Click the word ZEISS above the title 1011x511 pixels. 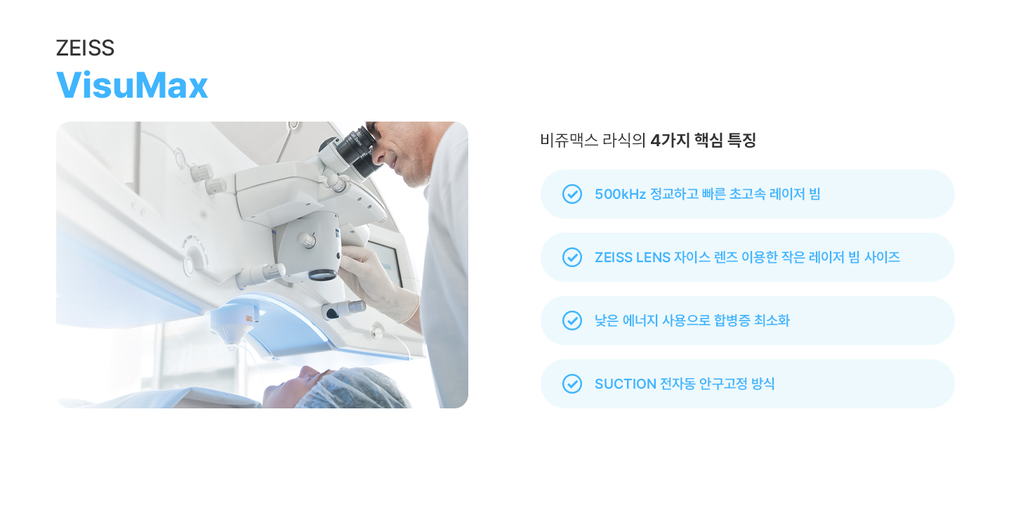(86, 48)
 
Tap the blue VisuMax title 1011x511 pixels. (132, 85)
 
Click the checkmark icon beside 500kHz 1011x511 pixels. (571, 194)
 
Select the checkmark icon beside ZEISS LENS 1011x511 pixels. (571, 257)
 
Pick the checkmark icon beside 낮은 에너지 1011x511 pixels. (571, 321)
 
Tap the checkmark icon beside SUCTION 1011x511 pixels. (571, 384)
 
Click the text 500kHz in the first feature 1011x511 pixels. (620, 194)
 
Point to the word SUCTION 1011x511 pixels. (625, 384)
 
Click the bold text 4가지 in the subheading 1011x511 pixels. (670, 140)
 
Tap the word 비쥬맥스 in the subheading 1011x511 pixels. (569, 140)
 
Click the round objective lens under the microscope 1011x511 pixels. (322, 274)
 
